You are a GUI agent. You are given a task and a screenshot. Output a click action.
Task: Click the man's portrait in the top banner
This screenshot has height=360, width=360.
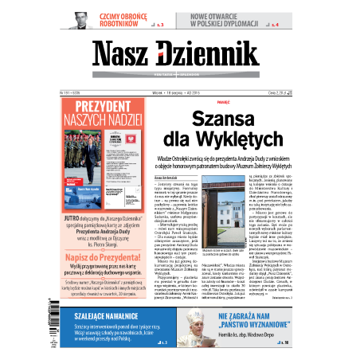pos(78,21)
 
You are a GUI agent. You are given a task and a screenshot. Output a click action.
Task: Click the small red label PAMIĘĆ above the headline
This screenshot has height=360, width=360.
pos(223,102)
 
